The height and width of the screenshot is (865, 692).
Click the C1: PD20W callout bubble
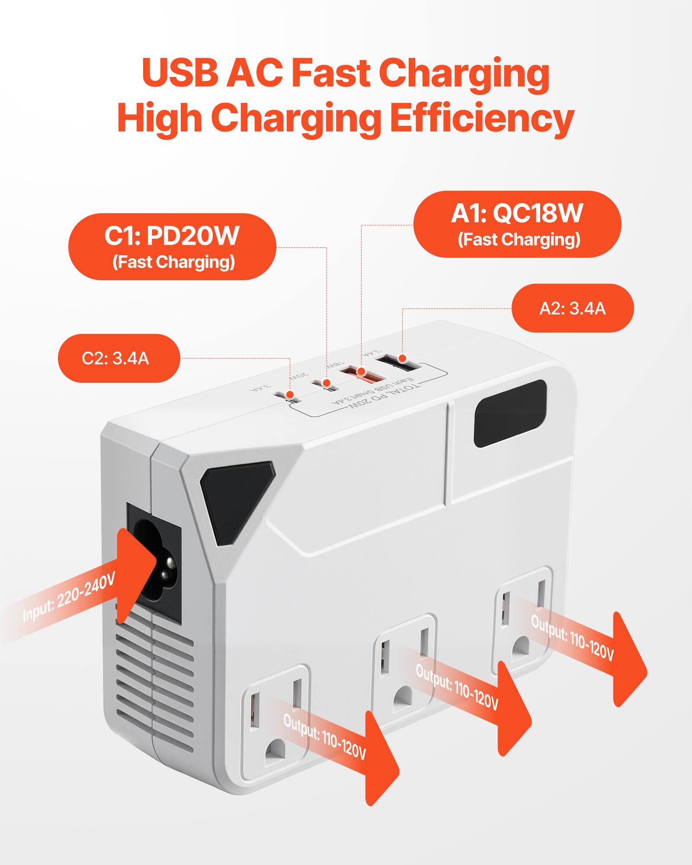pyautogui.click(x=172, y=247)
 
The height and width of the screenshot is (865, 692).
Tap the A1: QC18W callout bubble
pyautogui.click(x=517, y=224)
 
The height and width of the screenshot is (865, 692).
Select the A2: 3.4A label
pyautogui.click(x=572, y=308)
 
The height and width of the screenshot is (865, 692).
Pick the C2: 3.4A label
pyautogui.click(x=119, y=358)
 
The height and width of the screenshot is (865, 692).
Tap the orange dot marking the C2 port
pyautogui.click(x=291, y=394)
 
